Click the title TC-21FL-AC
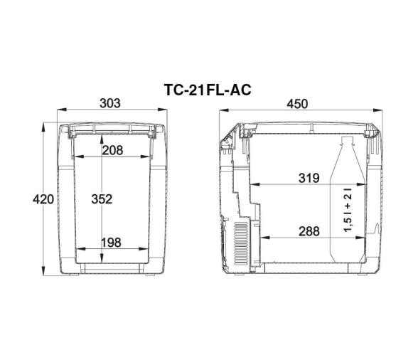pyautogui.click(x=208, y=90)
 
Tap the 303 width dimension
pyautogui.click(x=110, y=103)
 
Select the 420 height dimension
pyautogui.click(x=43, y=199)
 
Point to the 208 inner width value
pyautogui.click(x=112, y=150)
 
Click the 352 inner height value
pyautogui.click(x=102, y=199)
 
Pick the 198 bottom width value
pyautogui.click(x=111, y=243)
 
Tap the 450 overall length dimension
pyautogui.click(x=297, y=104)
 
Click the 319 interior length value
pyautogui.click(x=309, y=178)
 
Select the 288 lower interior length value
pyautogui.click(x=309, y=231)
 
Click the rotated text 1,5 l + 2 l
pyautogui.click(x=348, y=210)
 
